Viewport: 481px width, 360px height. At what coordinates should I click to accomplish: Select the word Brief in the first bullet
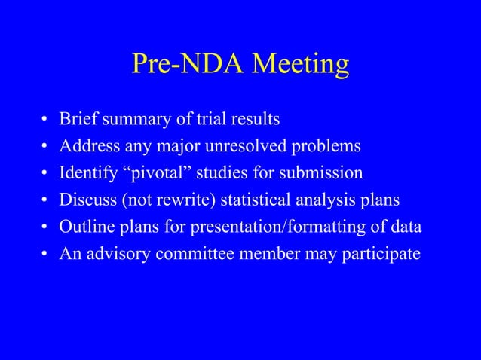coord(78,119)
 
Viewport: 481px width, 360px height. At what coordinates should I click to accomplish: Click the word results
coord(253,119)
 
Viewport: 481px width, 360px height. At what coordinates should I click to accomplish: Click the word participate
coord(383,255)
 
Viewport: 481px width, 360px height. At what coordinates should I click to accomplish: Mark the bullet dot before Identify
coord(45,174)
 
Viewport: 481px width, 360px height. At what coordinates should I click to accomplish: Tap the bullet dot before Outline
coord(45,228)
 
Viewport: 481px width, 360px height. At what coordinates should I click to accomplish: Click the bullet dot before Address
coord(45,147)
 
